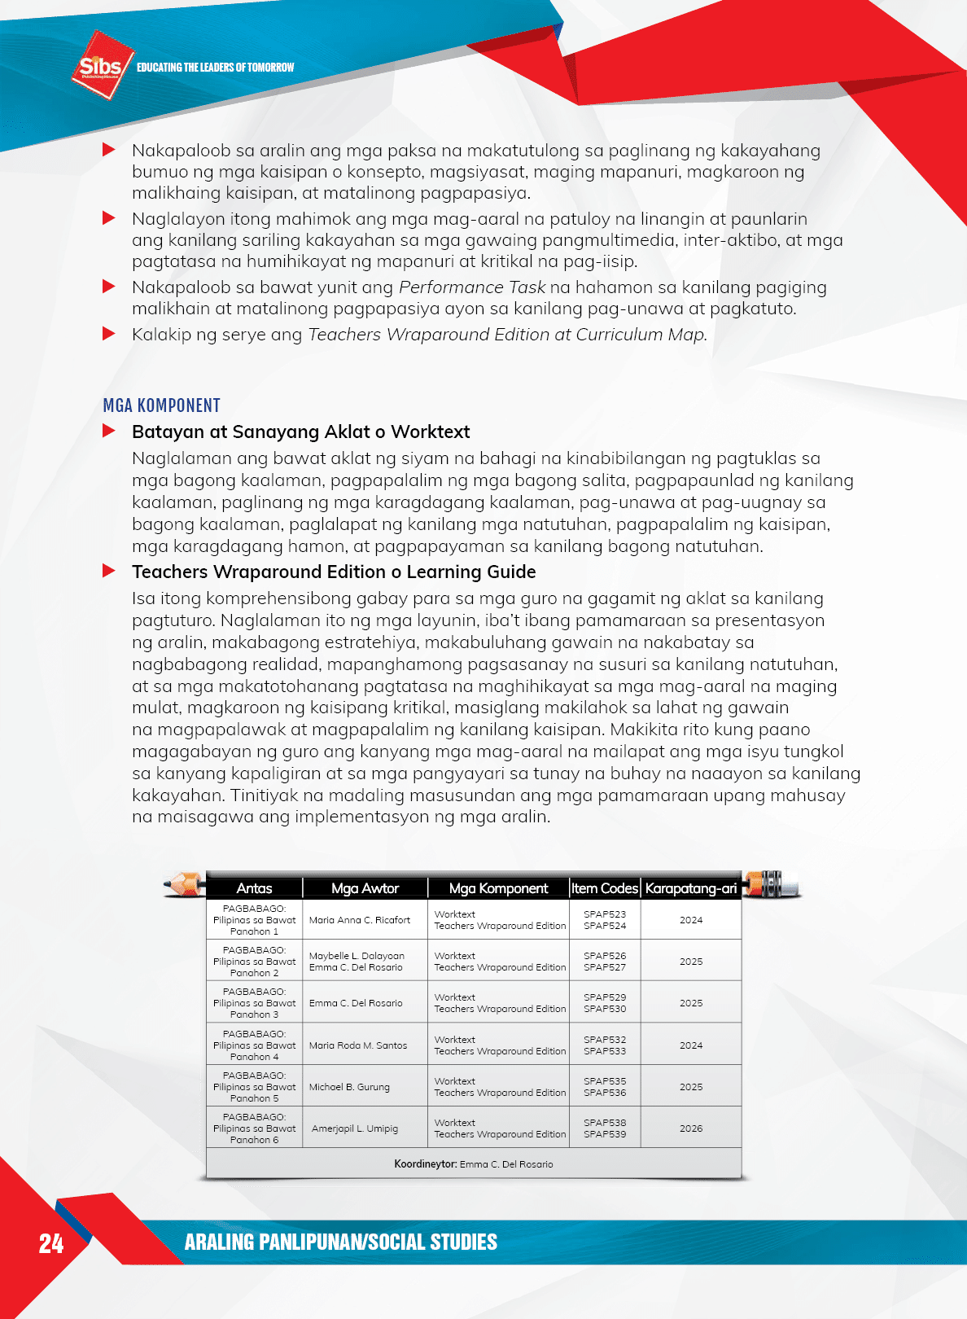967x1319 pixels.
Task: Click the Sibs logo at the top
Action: pos(101,65)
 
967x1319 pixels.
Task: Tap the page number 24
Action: pos(51,1243)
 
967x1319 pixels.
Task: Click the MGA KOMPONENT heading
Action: pos(162,405)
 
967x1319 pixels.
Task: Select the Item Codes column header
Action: pos(605,888)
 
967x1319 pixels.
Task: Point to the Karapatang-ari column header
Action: pos(691,888)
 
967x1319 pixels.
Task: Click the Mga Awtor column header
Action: pos(365,888)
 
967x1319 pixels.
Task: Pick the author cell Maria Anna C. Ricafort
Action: pos(360,920)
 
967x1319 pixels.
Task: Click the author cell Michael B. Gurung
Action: pos(349,1087)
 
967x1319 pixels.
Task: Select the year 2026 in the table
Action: pos(691,1128)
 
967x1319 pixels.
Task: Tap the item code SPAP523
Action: pos(605,914)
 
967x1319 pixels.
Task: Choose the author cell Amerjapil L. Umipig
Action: pos(355,1128)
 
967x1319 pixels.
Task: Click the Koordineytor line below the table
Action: pos(474,1164)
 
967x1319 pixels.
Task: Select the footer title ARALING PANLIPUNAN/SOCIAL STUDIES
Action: pos(340,1242)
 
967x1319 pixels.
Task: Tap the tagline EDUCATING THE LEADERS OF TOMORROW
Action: pos(215,68)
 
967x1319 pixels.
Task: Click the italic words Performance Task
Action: pos(472,287)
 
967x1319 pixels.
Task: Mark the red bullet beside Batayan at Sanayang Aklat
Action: pos(109,431)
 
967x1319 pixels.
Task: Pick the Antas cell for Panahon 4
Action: pos(254,1045)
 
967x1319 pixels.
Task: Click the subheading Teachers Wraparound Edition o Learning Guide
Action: pos(334,572)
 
